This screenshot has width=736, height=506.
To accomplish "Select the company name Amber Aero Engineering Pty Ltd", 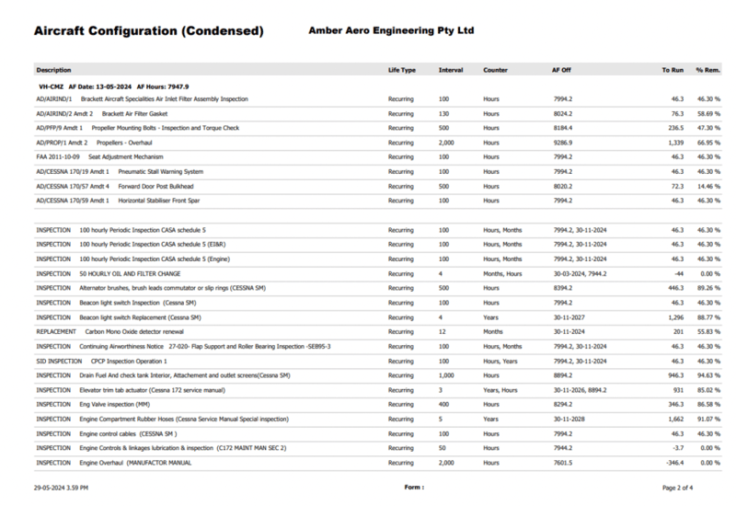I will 391,30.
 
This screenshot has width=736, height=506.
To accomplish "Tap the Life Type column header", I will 402,70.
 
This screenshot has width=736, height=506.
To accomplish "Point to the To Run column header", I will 673,70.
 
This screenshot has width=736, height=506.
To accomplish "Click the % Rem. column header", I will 707,70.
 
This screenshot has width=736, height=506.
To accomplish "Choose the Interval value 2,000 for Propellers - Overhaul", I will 446,144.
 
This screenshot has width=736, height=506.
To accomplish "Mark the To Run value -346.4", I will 673,462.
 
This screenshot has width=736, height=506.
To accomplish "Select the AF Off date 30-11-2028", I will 569,420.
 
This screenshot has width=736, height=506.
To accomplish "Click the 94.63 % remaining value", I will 706,375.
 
